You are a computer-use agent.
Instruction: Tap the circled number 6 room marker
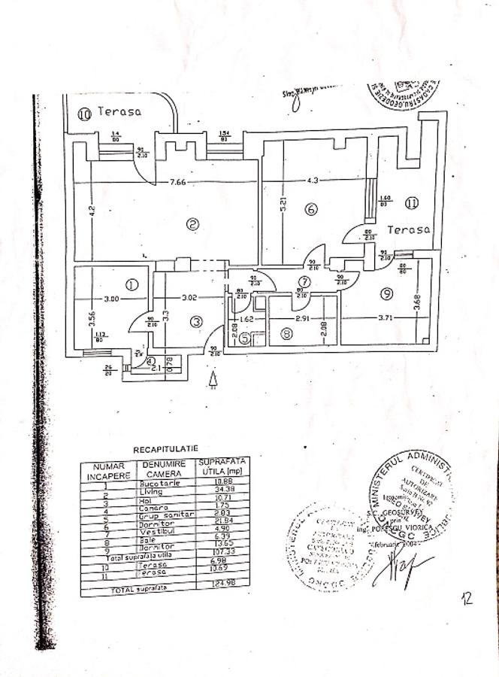pyautogui.click(x=310, y=209)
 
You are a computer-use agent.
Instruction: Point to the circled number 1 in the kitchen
pyautogui.click(x=132, y=284)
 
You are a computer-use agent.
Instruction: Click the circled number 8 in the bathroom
pyautogui.click(x=286, y=333)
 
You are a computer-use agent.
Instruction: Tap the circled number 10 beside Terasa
pyautogui.click(x=84, y=114)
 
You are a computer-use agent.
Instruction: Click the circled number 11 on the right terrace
pyautogui.click(x=410, y=202)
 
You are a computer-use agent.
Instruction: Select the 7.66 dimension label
pyautogui.click(x=178, y=181)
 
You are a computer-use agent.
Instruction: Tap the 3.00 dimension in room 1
pyautogui.click(x=111, y=299)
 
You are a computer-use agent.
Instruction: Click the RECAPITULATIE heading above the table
pyautogui.click(x=165, y=449)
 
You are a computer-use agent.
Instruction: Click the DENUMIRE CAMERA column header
pyautogui.click(x=167, y=469)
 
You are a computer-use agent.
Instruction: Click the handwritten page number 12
pyautogui.click(x=467, y=598)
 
